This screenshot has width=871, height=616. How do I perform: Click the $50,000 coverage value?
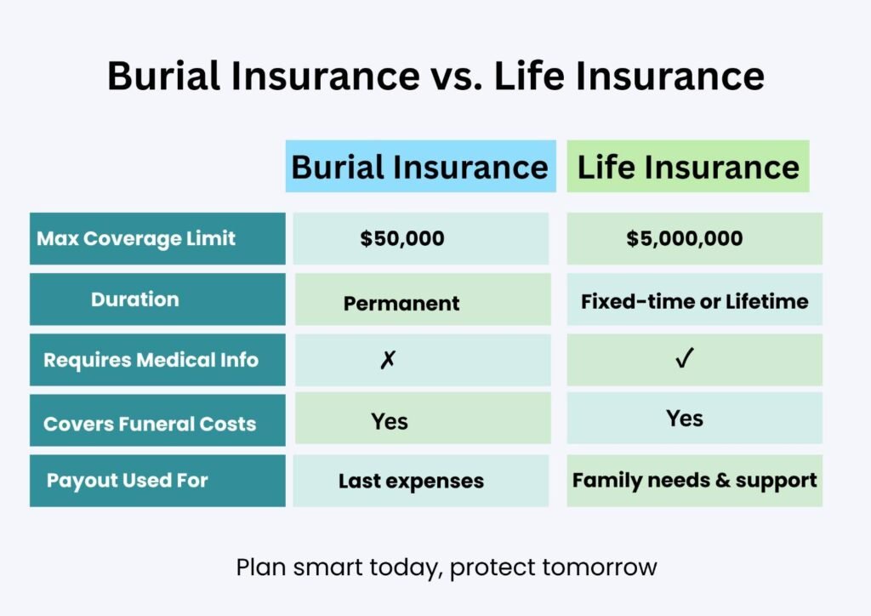point(402,238)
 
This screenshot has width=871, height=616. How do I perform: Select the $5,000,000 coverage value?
point(685,238)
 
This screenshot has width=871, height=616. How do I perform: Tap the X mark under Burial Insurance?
point(388,360)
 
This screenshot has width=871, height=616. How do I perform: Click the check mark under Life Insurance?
point(685,358)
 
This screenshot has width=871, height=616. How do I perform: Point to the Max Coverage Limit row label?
point(136,238)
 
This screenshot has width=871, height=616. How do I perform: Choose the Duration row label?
point(135,299)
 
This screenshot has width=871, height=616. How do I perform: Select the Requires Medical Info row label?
point(151,360)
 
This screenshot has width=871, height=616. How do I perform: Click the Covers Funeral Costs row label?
point(150,424)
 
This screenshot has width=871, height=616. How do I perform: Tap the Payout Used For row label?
point(128,481)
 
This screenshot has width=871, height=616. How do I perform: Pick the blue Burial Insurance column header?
point(420,166)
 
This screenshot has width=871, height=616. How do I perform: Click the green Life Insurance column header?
point(687,166)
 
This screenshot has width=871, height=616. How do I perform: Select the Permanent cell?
point(401,303)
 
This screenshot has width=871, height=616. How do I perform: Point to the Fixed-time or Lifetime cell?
point(694,301)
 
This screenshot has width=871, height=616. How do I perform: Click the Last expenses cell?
point(411,481)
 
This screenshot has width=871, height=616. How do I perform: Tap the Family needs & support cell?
point(694,481)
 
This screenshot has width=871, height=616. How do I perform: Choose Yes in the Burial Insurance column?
point(390,422)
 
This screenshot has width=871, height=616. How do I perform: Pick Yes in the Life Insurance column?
point(685,419)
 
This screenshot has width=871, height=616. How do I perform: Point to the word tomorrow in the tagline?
point(600,568)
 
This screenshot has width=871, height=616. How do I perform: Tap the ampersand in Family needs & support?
point(723,480)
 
